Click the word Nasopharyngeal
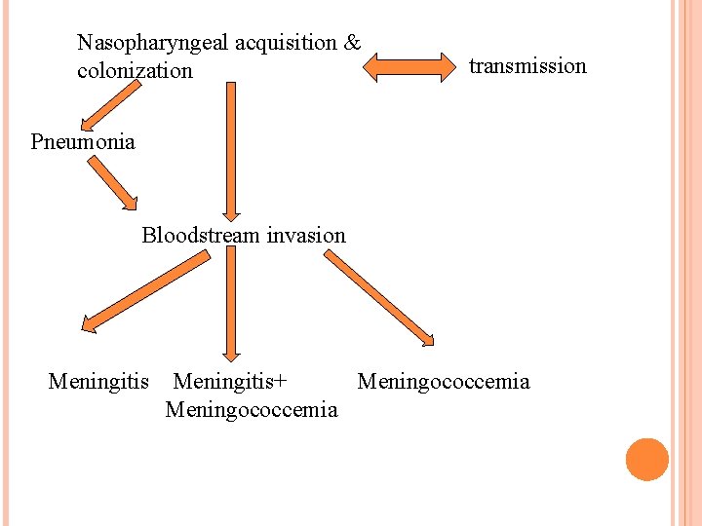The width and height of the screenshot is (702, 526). point(152,44)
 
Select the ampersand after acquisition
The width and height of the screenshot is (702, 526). point(353,43)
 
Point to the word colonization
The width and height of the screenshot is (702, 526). point(135,71)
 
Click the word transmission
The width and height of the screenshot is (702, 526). point(527,66)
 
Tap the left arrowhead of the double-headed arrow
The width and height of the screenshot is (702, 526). point(372,66)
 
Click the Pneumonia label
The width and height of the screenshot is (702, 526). point(83,142)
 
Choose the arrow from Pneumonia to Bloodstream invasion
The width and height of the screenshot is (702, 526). point(113,184)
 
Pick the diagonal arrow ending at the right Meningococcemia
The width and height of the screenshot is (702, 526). point(380,298)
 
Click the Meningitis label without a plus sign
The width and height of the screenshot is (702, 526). point(98,381)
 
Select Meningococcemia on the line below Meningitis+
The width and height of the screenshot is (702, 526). point(252,409)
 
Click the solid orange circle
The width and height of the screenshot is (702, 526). point(647,460)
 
